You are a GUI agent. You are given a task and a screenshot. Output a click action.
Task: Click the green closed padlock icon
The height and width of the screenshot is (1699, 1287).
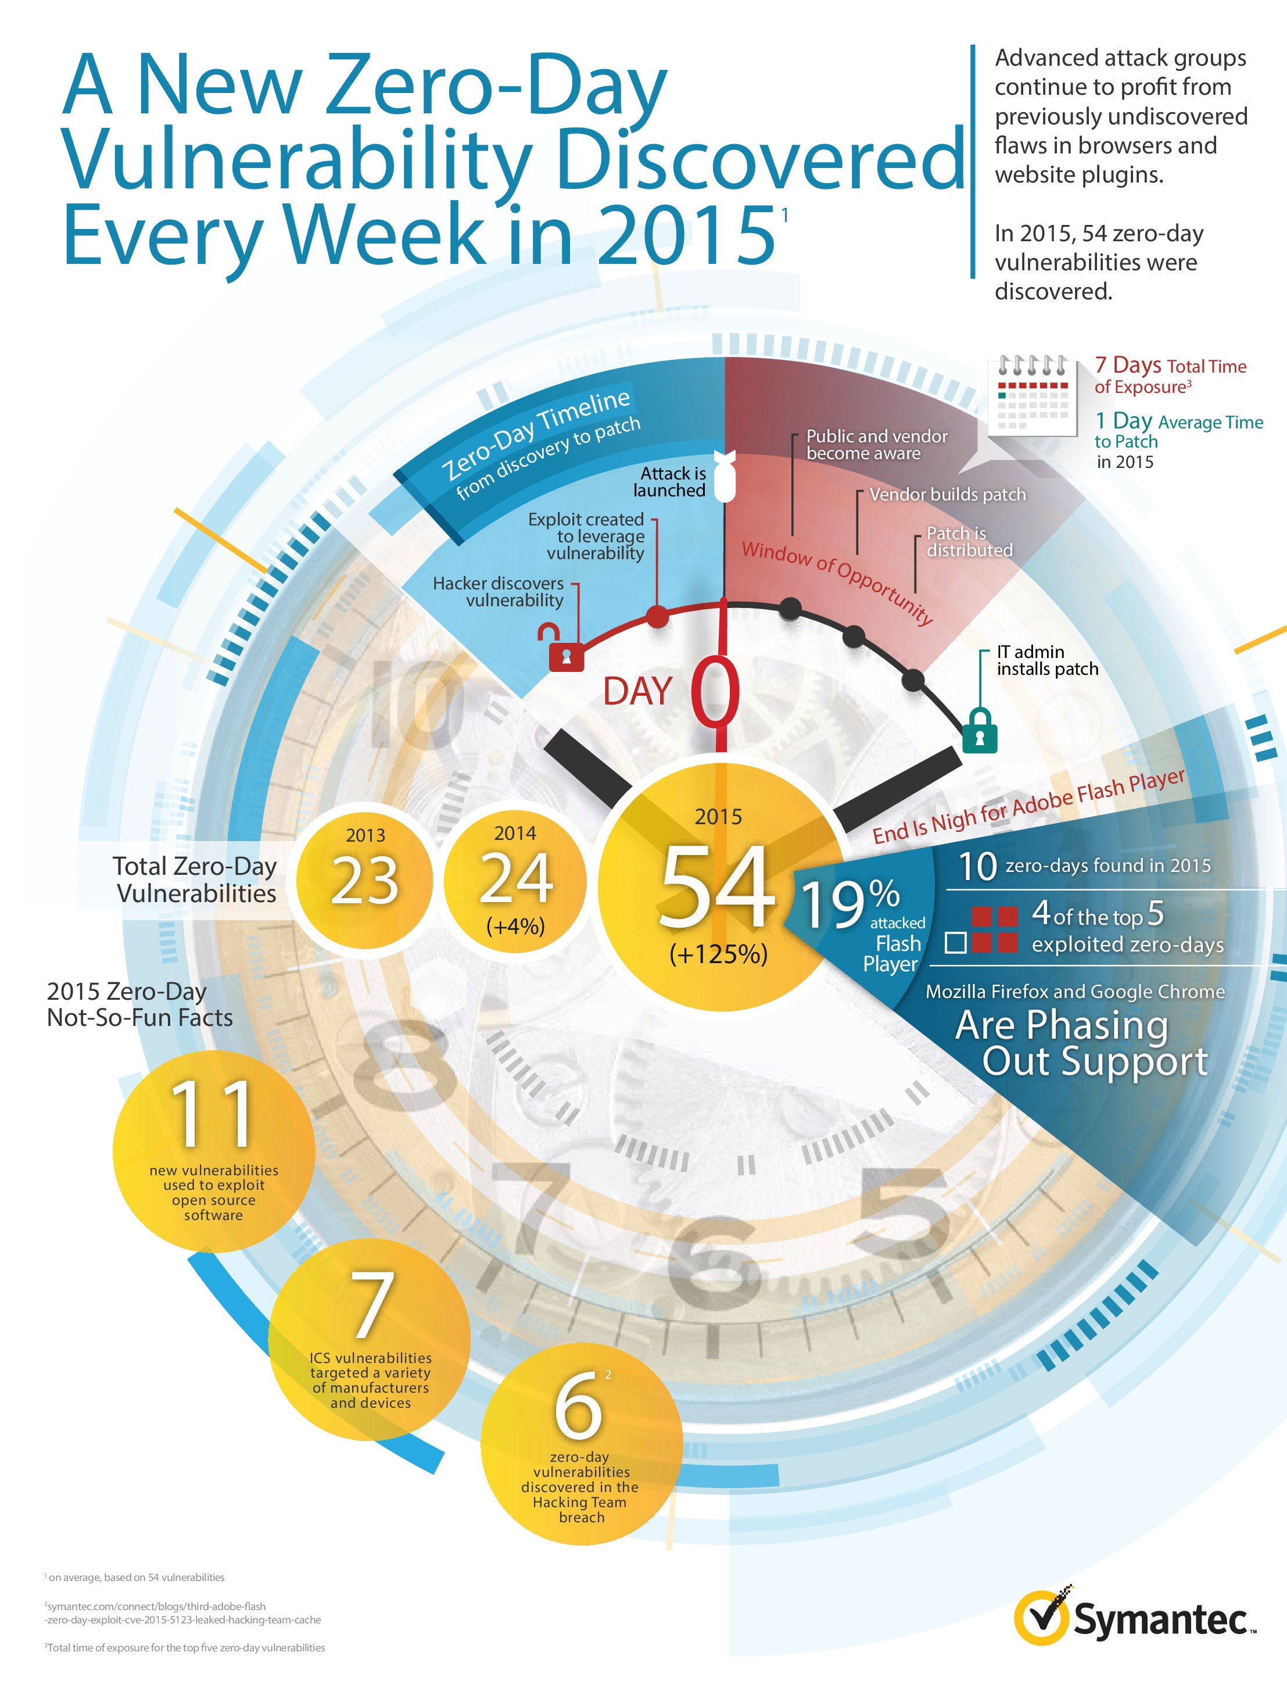(980, 731)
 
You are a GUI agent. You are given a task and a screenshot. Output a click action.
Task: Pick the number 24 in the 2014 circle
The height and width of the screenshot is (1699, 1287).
(515, 878)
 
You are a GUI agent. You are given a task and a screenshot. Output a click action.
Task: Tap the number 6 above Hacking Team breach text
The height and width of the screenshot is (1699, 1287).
(578, 1405)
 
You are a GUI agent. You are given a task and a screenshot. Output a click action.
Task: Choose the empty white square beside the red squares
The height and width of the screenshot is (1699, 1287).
(955, 942)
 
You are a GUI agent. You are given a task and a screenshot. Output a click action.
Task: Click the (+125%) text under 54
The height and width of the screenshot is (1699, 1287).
(718, 954)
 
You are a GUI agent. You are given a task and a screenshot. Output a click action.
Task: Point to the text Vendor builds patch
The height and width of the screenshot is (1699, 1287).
(947, 495)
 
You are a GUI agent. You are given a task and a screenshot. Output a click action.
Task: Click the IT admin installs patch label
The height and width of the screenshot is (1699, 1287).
(1046, 660)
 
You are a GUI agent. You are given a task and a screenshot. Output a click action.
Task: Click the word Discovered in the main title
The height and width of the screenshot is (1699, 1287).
(760, 159)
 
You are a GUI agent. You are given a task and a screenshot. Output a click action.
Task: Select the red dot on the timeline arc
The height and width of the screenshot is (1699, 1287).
(657, 616)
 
